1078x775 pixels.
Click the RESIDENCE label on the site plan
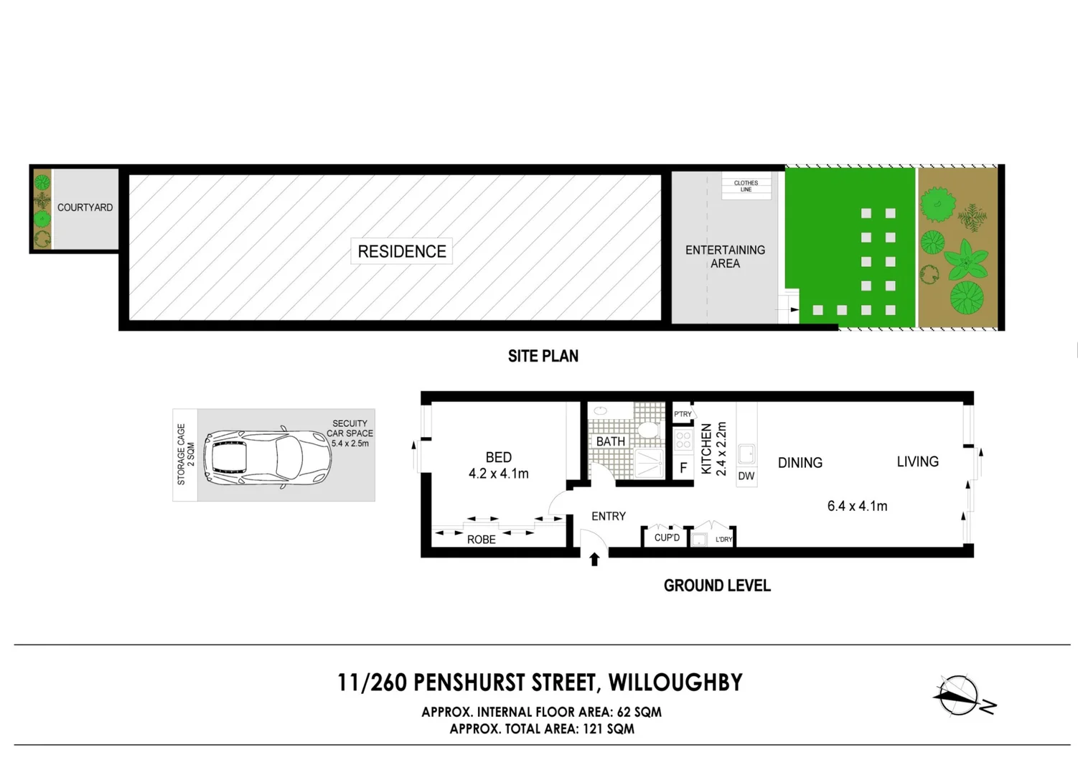402,251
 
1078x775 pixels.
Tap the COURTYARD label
85,207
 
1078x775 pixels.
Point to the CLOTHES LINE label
746,186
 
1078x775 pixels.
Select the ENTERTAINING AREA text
725,257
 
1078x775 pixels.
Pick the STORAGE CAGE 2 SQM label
186,454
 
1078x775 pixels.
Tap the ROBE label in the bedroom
481,540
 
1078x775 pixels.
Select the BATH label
611,441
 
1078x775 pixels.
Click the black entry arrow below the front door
594,559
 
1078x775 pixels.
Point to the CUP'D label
667,537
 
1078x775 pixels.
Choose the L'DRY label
723,540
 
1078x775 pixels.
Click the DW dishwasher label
746,476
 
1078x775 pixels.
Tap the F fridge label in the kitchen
683,468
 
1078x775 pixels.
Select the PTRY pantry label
683,414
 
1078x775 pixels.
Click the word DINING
800,463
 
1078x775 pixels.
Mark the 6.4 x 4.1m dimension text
857,506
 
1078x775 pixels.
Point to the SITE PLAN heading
543,356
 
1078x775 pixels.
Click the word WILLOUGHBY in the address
675,682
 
